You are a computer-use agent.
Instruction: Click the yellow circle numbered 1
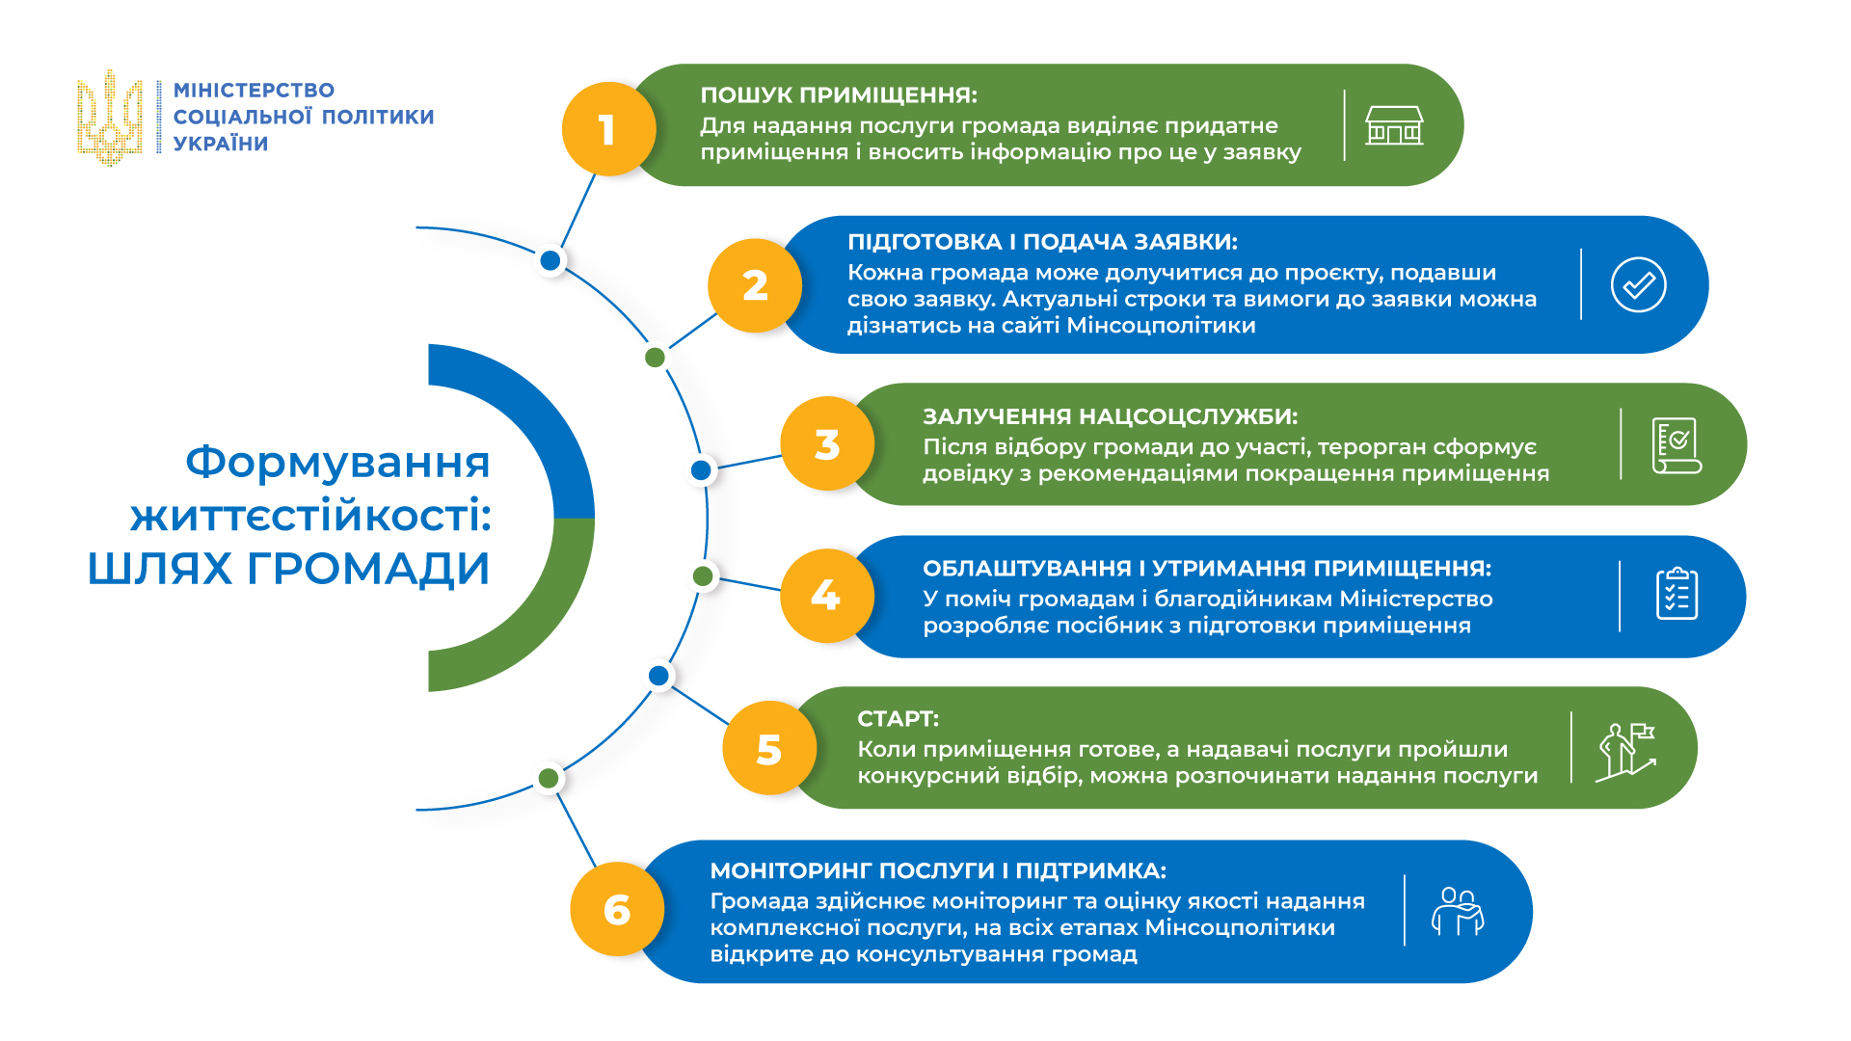[x=608, y=129]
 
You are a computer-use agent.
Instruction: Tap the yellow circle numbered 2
[x=755, y=285]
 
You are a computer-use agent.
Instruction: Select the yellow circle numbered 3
[x=827, y=444]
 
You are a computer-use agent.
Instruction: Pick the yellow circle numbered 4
[x=826, y=596]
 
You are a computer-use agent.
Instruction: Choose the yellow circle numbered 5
[x=769, y=749]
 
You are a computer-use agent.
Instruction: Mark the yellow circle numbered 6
[x=617, y=909]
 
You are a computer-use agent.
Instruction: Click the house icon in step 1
[x=1394, y=126]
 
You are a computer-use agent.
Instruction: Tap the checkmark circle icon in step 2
[x=1638, y=285]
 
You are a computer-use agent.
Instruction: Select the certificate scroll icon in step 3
[x=1677, y=445]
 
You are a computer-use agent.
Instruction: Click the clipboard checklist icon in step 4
[x=1677, y=594]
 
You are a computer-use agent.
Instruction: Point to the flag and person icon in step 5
[x=1626, y=751]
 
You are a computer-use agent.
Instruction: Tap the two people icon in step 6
[x=1458, y=911]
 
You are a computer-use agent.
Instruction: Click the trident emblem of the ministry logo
[x=110, y=118]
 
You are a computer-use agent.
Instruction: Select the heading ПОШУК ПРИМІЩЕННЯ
[x=838, y=95]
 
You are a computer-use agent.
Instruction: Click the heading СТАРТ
[x=898, y=719]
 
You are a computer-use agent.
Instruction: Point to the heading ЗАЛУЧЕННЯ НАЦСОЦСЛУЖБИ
[x=1110, y=416]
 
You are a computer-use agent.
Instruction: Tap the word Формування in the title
[x=337, y=462]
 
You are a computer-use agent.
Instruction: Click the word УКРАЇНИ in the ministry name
[x=221, y=144]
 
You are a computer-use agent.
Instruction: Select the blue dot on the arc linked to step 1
[x=550, y=260]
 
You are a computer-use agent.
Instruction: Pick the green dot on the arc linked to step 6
[x=549, y=778]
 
